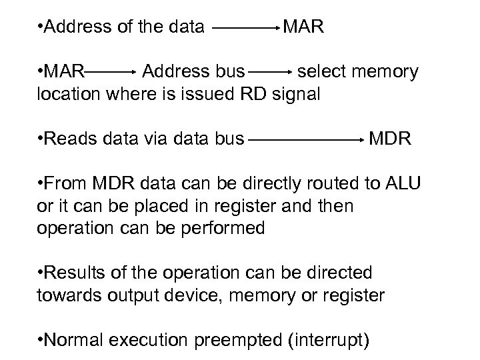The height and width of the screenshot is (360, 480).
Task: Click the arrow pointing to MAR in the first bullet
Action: point(246,29)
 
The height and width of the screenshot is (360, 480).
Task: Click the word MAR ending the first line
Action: point(305,27)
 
